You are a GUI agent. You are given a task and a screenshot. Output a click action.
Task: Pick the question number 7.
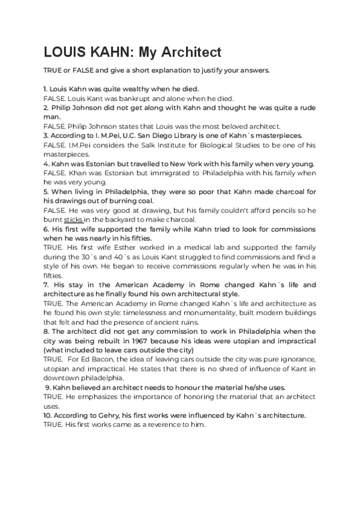tap(46, 285)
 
